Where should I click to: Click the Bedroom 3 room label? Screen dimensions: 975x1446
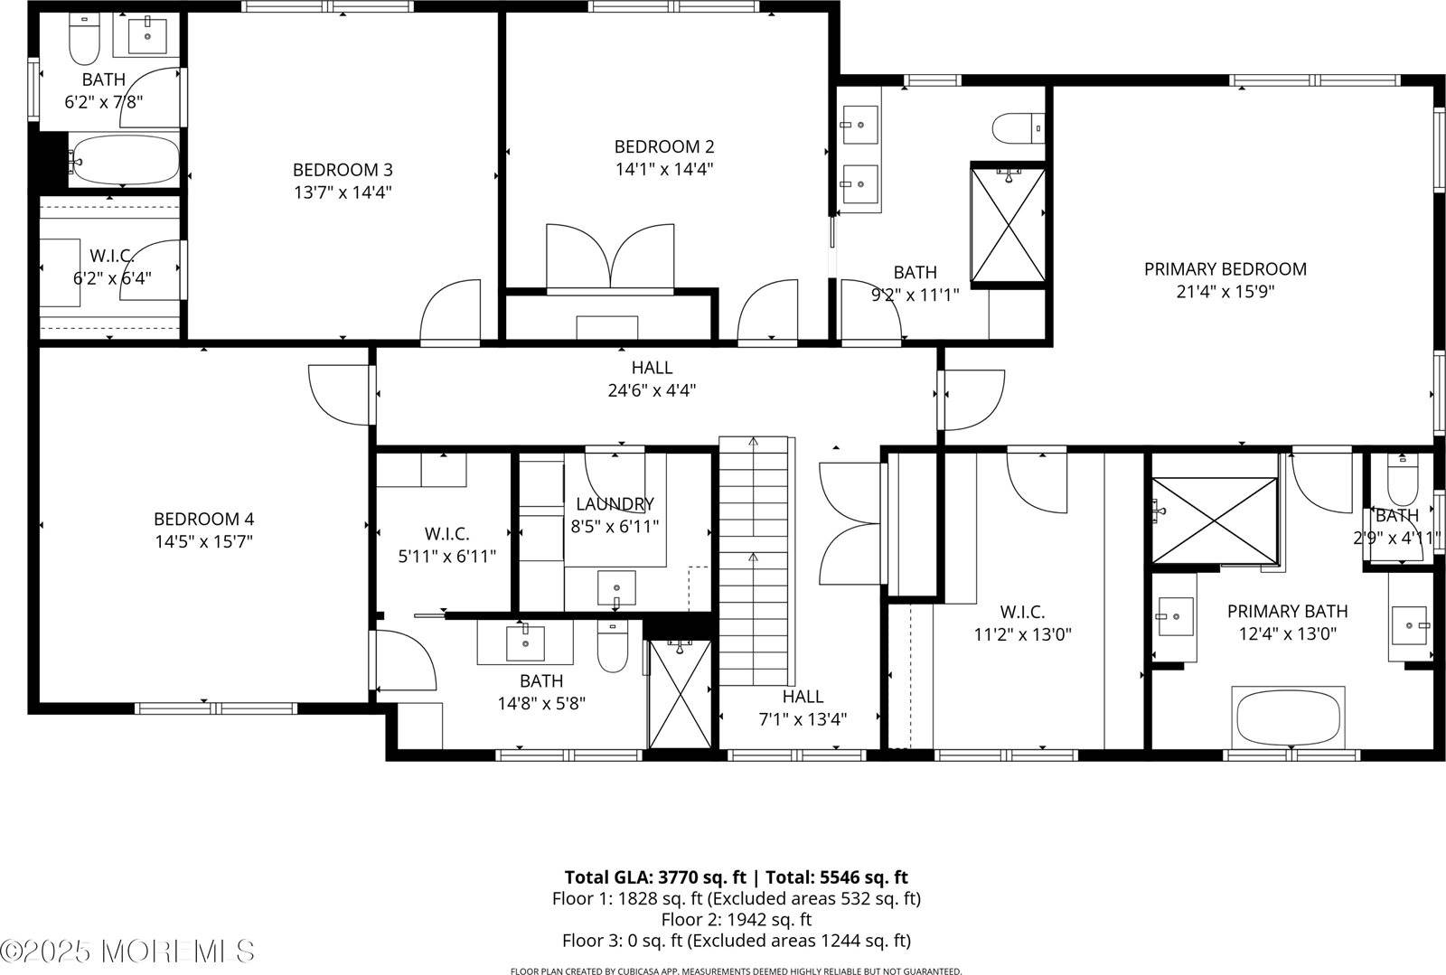coord(343,170)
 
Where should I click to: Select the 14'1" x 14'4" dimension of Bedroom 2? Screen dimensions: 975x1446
coord(664,169)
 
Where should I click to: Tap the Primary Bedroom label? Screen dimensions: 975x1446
coord(1225,269)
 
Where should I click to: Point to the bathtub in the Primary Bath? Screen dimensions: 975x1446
coord(1289,716)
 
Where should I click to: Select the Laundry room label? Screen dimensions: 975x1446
coord(615,504)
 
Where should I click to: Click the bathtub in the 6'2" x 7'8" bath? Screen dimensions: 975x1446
coord(125,161)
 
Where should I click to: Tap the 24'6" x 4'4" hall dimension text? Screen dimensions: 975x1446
coord(652,391)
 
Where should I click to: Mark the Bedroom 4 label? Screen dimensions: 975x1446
coord(203,520)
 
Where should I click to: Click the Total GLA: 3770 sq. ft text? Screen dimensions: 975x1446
coord(656,877)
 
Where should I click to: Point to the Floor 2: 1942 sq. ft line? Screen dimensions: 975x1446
coord(736,920)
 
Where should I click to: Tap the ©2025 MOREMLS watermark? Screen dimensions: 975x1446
coord(127,951)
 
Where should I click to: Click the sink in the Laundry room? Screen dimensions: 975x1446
coord(616,587)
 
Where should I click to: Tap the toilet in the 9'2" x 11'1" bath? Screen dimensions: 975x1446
coord(1018,127)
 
